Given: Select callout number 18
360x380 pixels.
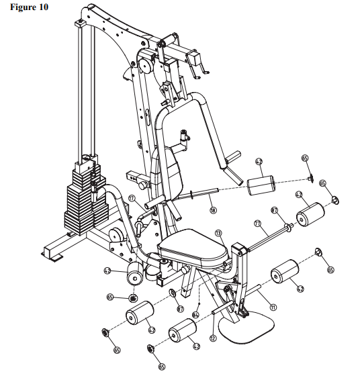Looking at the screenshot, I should [214, 210].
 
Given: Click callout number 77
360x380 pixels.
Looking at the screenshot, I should [257, 223].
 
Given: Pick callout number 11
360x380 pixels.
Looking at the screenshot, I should [273, 307].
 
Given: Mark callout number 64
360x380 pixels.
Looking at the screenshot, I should [196, 313].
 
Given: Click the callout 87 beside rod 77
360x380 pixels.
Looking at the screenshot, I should [274, 211].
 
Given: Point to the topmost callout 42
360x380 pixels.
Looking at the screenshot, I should [258, 162].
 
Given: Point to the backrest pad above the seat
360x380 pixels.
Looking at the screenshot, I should [172, 171].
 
